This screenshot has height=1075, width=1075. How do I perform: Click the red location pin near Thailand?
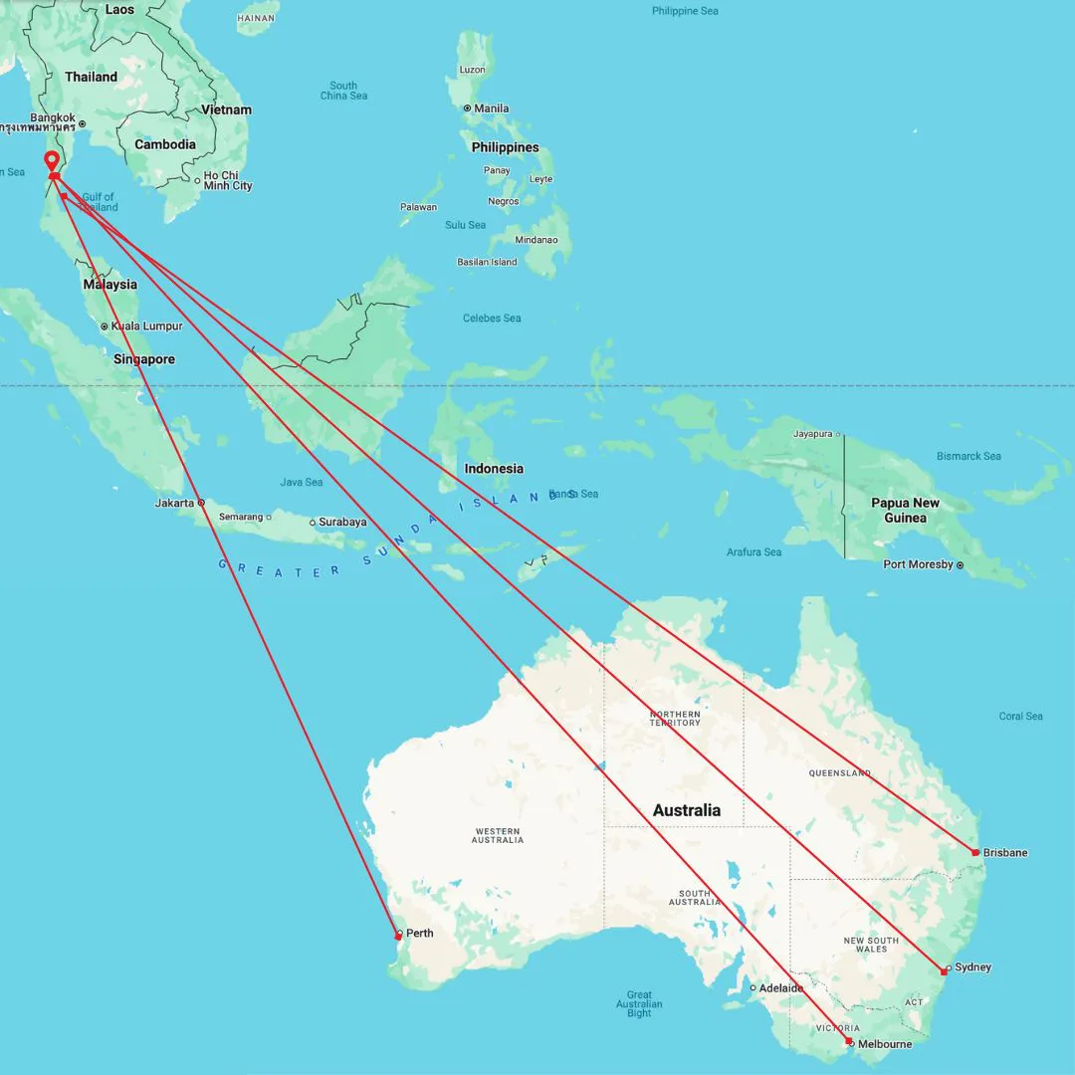52,162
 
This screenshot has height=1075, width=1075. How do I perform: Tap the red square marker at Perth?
398,936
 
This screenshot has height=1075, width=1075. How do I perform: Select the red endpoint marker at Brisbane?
975,852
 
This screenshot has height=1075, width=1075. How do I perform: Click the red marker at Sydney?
944,970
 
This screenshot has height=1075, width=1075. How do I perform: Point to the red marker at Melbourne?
849,1041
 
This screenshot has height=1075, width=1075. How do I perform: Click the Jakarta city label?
175,503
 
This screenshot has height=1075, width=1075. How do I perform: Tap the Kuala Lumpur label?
147,326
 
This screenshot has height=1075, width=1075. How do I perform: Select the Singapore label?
143,359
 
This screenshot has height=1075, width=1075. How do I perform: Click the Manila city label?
492,108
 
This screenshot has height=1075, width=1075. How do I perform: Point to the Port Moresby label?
917,564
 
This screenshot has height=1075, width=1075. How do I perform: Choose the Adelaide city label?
781,988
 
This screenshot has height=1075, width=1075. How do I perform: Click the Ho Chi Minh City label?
228,180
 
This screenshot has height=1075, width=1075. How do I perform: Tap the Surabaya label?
342,522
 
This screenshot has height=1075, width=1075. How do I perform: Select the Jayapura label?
812,434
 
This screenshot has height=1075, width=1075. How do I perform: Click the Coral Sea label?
1020,716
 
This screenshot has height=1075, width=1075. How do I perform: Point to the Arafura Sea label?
753,551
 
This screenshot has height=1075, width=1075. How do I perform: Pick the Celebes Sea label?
492,319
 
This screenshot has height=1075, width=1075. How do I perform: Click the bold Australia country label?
686,810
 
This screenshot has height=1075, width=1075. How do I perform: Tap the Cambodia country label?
165,144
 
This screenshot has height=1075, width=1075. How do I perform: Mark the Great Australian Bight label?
639,1003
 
